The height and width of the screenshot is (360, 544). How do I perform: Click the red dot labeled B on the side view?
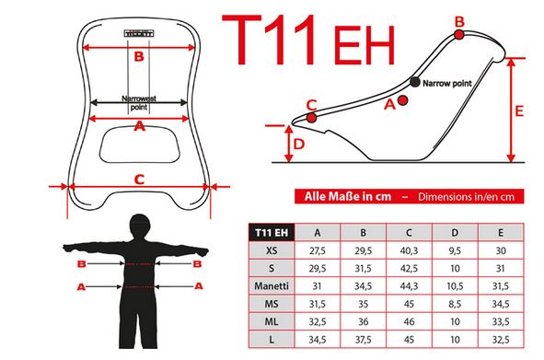point(459,34)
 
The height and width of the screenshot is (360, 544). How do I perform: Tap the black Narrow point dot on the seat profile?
point(414,82)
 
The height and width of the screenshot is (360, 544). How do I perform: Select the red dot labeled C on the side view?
point(311,118)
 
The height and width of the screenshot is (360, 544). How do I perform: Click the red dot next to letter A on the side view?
point(402,100)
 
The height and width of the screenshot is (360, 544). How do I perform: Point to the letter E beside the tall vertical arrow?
point(519,111)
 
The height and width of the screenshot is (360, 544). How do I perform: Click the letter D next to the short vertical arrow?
point(299,144)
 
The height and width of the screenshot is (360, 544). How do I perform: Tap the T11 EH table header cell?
point(272,233)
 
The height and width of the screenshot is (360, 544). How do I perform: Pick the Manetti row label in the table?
point(272,286)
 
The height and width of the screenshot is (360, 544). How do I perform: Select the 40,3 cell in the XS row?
point(409,250)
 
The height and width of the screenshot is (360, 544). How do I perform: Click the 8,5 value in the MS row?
point(455,304)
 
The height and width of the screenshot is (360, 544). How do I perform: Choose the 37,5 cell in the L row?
point(364,339)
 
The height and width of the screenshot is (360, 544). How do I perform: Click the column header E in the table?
point(501,233)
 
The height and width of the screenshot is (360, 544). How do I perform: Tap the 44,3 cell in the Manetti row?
point(409,286)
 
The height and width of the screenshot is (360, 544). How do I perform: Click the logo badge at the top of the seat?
point(139,34)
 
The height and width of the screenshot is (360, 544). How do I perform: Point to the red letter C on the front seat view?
point(139,180)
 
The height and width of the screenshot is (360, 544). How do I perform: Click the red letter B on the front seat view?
point(139,56)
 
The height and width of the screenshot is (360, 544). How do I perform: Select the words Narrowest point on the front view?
point(139,103)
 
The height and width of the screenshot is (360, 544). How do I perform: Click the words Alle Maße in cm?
point(348,196)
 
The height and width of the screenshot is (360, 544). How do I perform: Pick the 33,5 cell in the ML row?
point(501,321)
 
